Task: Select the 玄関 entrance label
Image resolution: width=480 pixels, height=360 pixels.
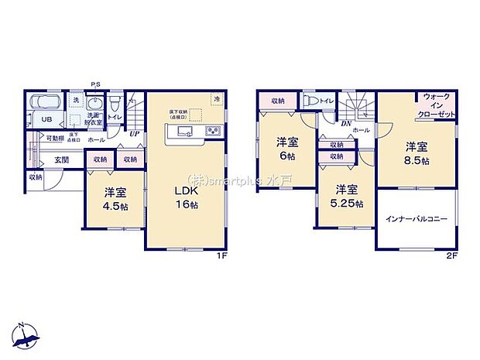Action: (x=62, y=159)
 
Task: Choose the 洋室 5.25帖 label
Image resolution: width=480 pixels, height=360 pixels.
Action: (x=346, y=197)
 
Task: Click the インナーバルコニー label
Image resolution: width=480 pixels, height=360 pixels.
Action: (x=417, y=221)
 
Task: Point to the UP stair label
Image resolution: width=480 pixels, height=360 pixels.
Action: (x=135, y=133)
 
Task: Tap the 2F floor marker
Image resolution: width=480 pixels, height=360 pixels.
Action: (x=451, y=255)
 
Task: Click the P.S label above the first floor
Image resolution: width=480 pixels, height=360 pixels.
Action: (x=95, y=84)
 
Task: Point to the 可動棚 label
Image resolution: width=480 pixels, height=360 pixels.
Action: (x=54, y=138)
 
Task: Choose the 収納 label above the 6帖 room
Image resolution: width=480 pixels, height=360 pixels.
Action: (x=277, y=101)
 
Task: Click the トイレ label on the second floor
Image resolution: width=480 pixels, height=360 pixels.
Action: (x=327, y=101)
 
